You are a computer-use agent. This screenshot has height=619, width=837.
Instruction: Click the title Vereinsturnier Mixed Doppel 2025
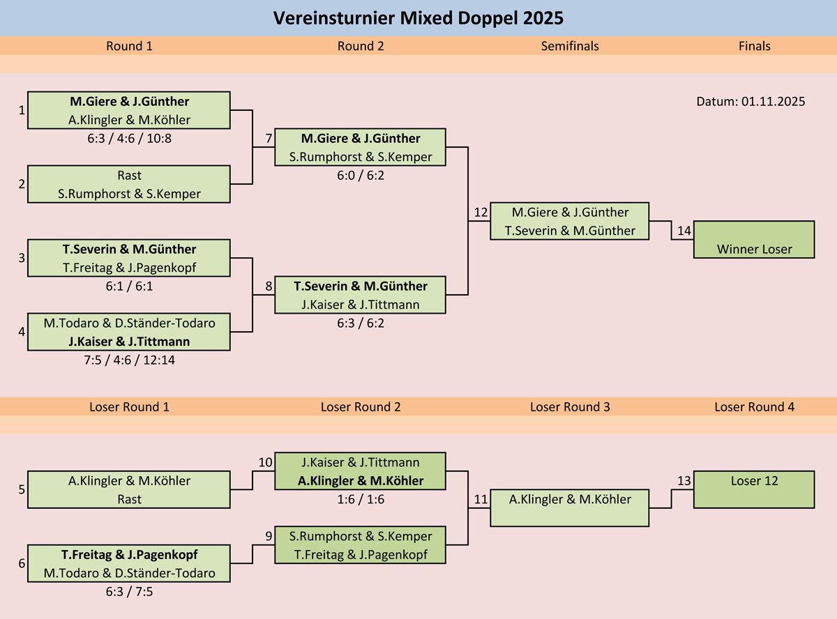tap(418, 18)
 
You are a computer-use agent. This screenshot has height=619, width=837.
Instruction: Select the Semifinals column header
tap(570, 46)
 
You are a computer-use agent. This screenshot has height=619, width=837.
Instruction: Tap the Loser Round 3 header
tap(570, 407)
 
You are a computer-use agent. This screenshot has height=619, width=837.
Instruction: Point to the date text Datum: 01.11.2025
tap(751, 102)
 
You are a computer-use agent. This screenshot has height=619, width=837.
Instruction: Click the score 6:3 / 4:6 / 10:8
tap(129, 139)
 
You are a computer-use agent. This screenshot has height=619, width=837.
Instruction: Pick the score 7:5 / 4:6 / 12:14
tap(129, 360)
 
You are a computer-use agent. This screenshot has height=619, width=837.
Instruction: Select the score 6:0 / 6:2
tap(361, 176)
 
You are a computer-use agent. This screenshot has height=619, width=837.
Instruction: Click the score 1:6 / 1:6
tap(361, 500)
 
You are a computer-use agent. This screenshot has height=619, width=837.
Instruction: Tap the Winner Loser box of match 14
tap(754, 240)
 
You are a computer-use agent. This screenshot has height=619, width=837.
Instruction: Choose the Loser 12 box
tap(754, 489)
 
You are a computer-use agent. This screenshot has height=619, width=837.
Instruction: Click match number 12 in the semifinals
tap(481, 213)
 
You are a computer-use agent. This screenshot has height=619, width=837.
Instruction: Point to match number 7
tap(269, 139)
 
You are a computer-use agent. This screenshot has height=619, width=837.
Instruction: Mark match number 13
tap(684, 481)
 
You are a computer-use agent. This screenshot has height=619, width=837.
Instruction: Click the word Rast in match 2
tap(129, 176)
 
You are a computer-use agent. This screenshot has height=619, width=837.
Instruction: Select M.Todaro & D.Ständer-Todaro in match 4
tap(129, 323)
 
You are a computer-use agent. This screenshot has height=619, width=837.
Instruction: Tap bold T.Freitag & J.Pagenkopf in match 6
tap(129, 555)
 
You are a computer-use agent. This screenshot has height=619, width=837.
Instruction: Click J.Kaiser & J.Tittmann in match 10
tap(361, 462)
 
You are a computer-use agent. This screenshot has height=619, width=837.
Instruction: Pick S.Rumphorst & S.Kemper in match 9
tap(361, 536)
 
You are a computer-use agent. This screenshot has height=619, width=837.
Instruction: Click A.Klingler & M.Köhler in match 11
tap(570, 499)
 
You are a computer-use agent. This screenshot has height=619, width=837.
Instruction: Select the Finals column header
tap(754, 46)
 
